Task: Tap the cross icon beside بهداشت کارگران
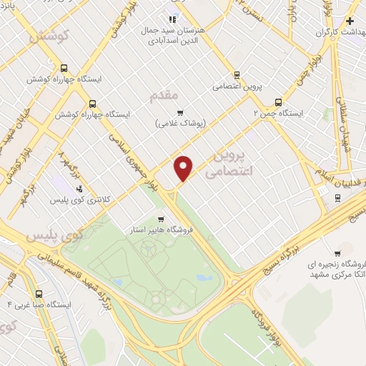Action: coord(350,21)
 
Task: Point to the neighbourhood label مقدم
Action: coord(162,94)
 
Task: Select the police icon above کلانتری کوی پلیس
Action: coord(79,189)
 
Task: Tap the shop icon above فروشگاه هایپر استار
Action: coord(162,219)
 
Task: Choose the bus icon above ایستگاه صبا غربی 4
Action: coord(39,293)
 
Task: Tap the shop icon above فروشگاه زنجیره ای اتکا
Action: coord(337,254)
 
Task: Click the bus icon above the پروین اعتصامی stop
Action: coord(237,74)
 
